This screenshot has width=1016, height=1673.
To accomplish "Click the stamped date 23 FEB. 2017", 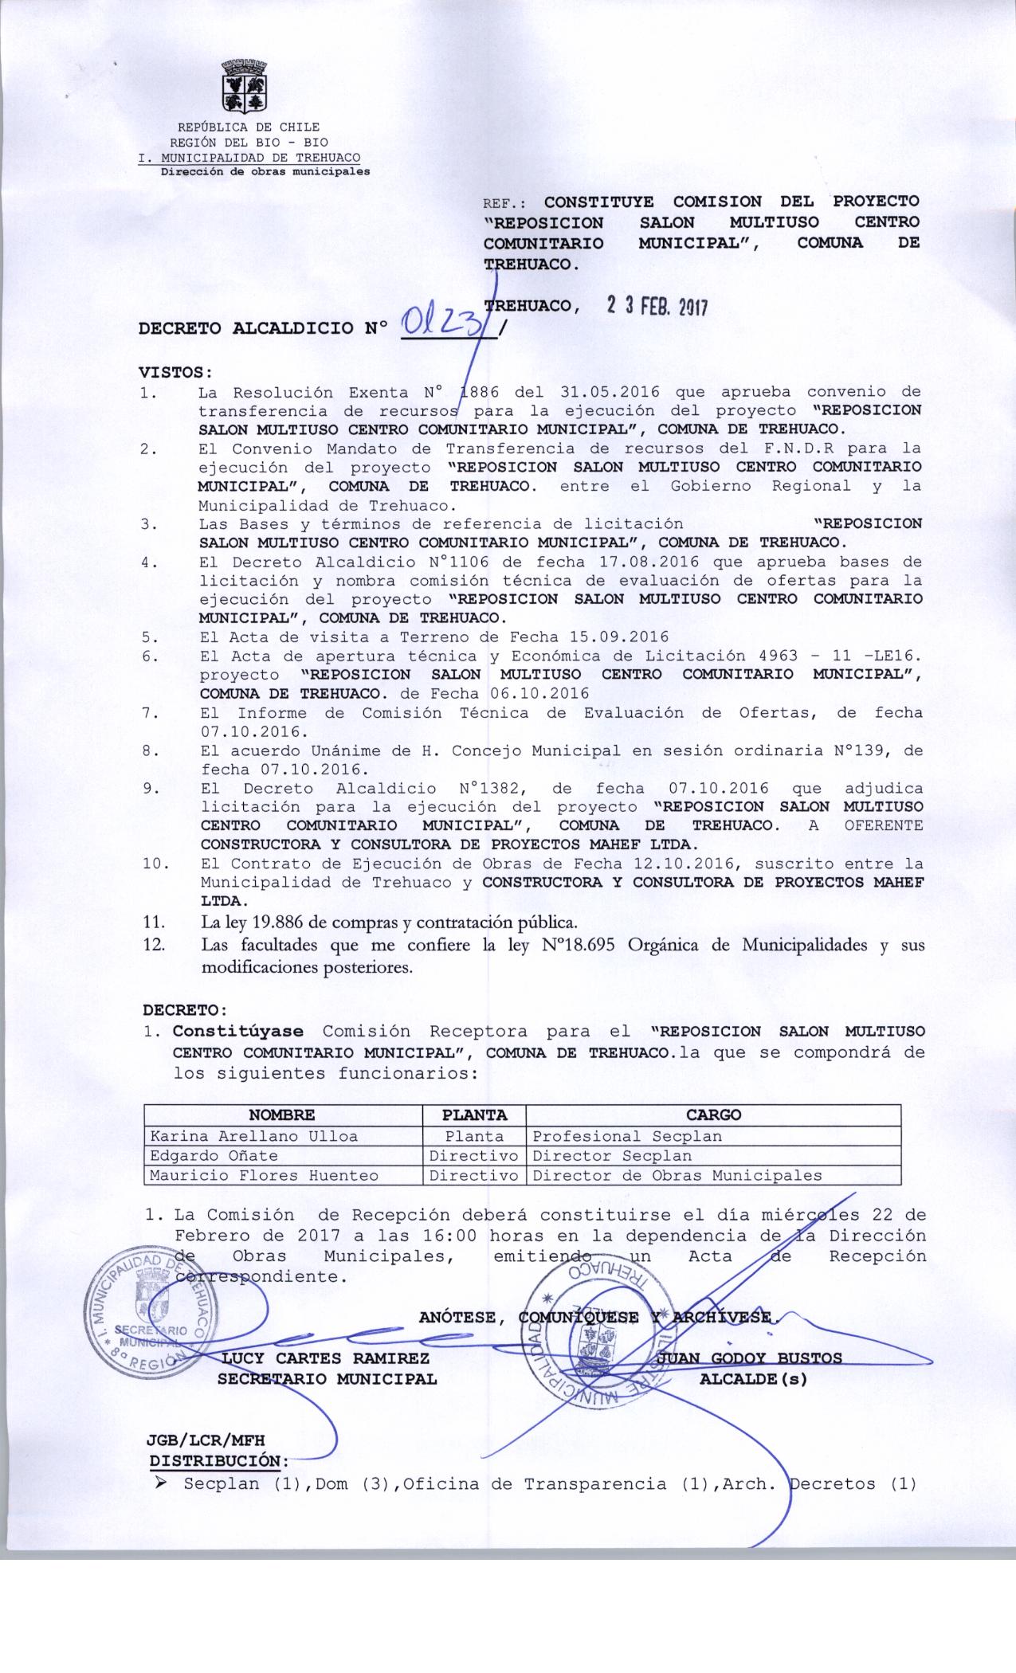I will click(657, 306).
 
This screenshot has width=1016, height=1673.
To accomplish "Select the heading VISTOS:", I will click(176, 372).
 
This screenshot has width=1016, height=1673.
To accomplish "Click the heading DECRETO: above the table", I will click(185, 1010).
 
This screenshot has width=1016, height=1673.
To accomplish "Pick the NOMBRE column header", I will click(282, 1115).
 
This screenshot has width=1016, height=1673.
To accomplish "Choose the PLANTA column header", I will click(473, 1115).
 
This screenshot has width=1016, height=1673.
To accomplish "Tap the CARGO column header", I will click(713, 1115).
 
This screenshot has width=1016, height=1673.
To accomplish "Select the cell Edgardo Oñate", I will click(214, 1155).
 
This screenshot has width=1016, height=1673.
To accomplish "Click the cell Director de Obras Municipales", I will click(677, 1175).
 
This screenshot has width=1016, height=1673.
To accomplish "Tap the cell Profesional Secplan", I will click(627, 1136).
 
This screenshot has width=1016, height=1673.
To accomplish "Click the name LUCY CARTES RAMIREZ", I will click(327, 1358).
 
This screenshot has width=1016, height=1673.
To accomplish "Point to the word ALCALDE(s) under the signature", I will click(753, 1379).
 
